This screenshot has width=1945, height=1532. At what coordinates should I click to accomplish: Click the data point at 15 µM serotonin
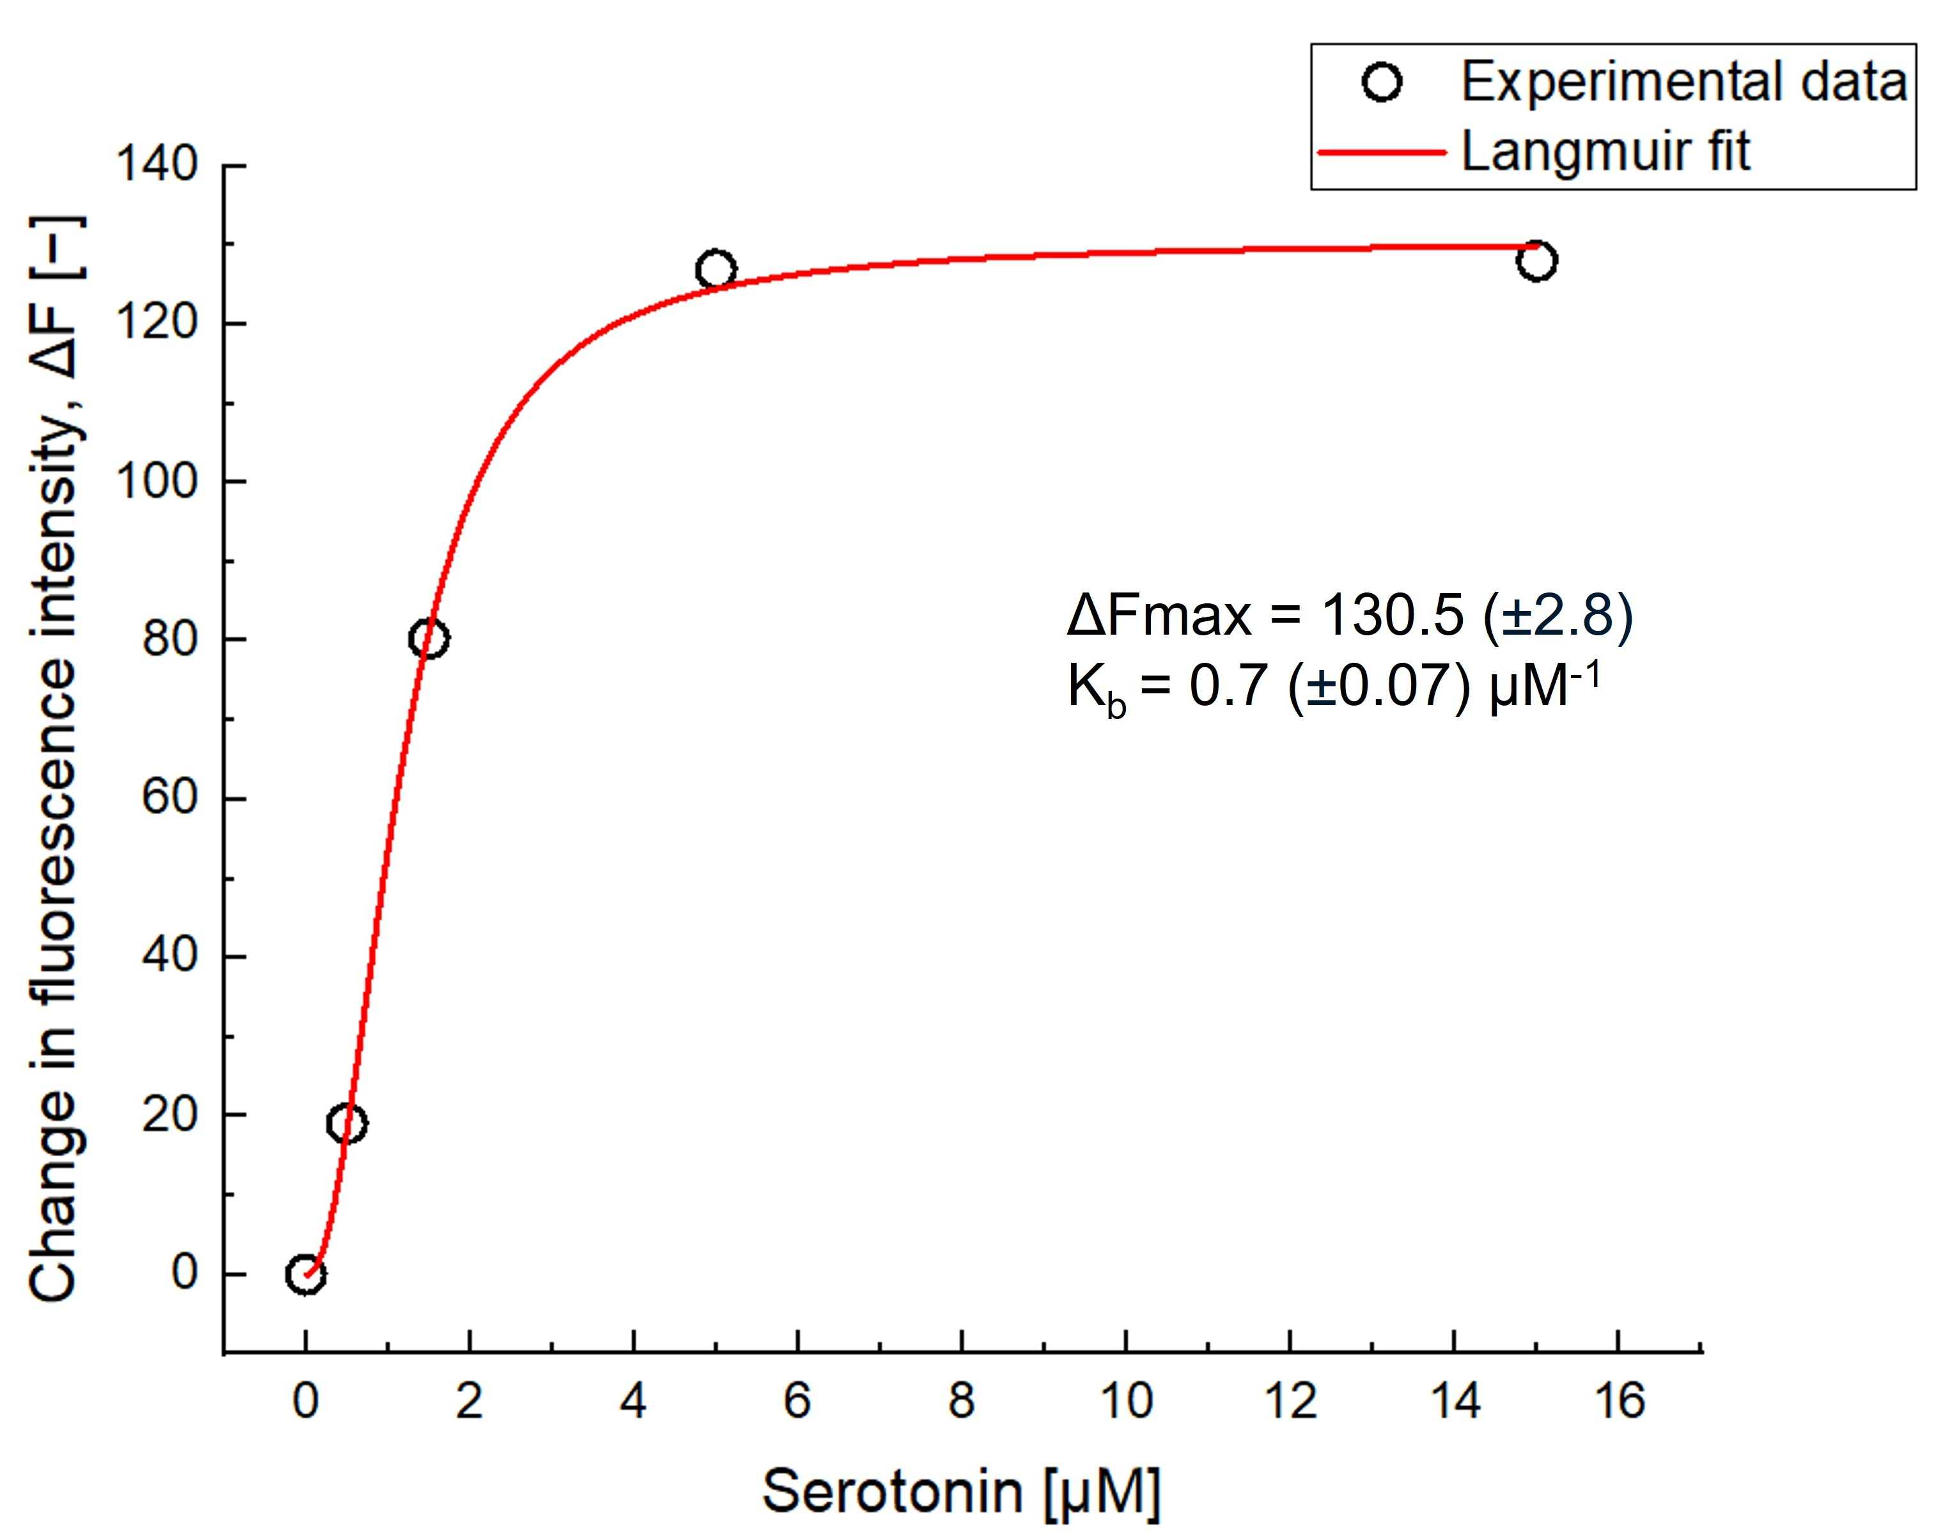pyautogui.click(x=1536, y=261)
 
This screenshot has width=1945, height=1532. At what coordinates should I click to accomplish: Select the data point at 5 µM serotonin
pyautogui.click(x=715, y=269)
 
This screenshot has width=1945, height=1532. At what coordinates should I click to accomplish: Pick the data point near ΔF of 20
pyautogui.click(x=347, y=1123)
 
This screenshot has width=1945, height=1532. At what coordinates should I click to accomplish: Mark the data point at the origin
pyautogui.click(x=306, y=1274)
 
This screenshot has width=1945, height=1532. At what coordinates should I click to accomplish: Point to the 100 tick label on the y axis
pyautogui.click(x=157, y=482)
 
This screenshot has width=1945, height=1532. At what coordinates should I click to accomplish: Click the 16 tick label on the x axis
pyautogui.click(x=1618, y=1401)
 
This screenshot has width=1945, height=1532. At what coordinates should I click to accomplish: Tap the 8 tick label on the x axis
pyautogui.click(x=962, y=1401)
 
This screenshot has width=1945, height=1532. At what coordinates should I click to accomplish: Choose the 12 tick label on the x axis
pyautogui.click(x=1290, y=1401)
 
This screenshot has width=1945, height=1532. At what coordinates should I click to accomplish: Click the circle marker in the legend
pyautogui.click(x=1382, y=82)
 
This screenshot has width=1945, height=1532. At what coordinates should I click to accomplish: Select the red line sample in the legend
pyautogui.click(x=1382, y=153)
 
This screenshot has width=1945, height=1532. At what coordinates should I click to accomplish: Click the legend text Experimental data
pyautogui.click(x=1683, y=82)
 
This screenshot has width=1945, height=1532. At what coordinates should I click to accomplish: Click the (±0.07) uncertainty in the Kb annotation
pyautogui.click(x=1379, y=687)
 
